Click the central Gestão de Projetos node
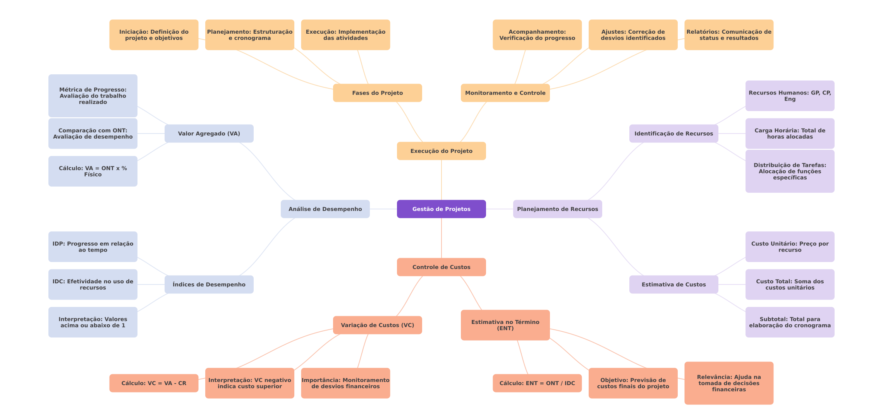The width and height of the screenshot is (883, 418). click(441, 209)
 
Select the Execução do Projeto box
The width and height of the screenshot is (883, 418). click(441, 151)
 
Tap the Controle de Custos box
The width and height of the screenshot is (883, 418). click(441, 267)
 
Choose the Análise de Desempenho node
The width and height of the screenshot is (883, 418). click(325, 209)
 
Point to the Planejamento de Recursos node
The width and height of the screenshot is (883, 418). click(557, 209)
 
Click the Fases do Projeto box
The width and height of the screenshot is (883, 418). click(377, 93)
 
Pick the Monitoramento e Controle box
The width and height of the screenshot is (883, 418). click(505, 93)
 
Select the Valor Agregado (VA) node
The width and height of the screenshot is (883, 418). click(209, 134)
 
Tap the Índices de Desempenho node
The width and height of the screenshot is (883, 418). click(209, 284)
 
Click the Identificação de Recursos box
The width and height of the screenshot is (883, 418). click(673, 134)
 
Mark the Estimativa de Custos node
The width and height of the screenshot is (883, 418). click(673, 284)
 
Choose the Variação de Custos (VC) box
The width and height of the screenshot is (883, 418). click(377, 325)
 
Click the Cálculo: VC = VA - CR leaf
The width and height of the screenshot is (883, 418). click(154, 383)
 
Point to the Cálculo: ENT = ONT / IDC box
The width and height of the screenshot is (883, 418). click(537, 383)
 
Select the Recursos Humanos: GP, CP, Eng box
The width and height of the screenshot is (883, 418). click(790, 96)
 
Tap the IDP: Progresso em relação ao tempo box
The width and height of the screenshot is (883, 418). click(93, 247)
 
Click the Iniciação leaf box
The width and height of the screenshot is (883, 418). click(154, 35)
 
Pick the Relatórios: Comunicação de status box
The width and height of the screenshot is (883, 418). click(729, 35)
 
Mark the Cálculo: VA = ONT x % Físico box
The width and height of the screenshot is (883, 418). click(93, 171)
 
